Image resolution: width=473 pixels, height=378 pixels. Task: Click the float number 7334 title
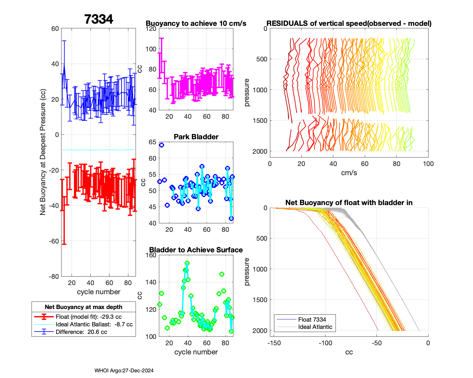coord(99,19)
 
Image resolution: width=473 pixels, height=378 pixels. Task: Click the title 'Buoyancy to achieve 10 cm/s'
coord(196,24)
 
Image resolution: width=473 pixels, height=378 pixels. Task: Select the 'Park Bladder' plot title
coord(196,137)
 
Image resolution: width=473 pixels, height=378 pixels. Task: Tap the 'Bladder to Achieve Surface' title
coord(196,250)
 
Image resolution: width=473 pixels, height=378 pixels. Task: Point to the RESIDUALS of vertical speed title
coord(349,24)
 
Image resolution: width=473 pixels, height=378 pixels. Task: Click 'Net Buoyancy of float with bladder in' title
coord(349,203)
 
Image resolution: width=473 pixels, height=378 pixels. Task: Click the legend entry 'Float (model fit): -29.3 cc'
coord(89,317)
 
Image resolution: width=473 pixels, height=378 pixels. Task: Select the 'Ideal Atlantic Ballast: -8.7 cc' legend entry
coord(94,324)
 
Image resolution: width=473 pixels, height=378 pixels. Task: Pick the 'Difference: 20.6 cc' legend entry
coord(81,332)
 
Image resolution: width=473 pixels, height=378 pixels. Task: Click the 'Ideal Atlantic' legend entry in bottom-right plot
coord(315,327)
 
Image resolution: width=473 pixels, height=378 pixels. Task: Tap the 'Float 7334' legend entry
coord(312,319)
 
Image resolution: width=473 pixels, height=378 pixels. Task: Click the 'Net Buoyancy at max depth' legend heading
coord(84,307)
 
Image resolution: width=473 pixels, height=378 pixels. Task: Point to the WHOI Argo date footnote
coord(124,371)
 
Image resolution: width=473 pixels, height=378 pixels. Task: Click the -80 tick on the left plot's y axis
coord(54,277)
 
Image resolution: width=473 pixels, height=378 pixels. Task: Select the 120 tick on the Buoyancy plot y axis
coord(151,29)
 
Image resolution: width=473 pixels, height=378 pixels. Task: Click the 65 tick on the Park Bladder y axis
coord(153,142)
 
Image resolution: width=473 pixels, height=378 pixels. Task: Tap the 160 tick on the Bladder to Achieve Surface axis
coord(151,255)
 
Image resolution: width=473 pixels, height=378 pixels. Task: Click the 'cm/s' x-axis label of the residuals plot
coord(349,173)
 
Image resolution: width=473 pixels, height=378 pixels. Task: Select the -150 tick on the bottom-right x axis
coord(274,343)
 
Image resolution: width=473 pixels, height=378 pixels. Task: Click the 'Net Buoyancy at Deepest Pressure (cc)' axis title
coord(43,152)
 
